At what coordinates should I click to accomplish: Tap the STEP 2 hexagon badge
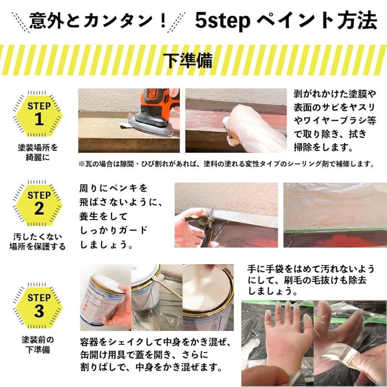(39, 203)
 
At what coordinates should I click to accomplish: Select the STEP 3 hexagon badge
(39, 304)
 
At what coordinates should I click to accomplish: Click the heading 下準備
(193, 60)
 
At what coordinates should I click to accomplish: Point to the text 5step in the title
(223, 20)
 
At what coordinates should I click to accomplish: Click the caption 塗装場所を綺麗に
(39, 152)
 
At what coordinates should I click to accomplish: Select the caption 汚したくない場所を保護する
(39, 241)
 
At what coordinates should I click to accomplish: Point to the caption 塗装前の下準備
(39, 345)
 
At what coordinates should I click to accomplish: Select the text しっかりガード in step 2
(114, 230)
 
